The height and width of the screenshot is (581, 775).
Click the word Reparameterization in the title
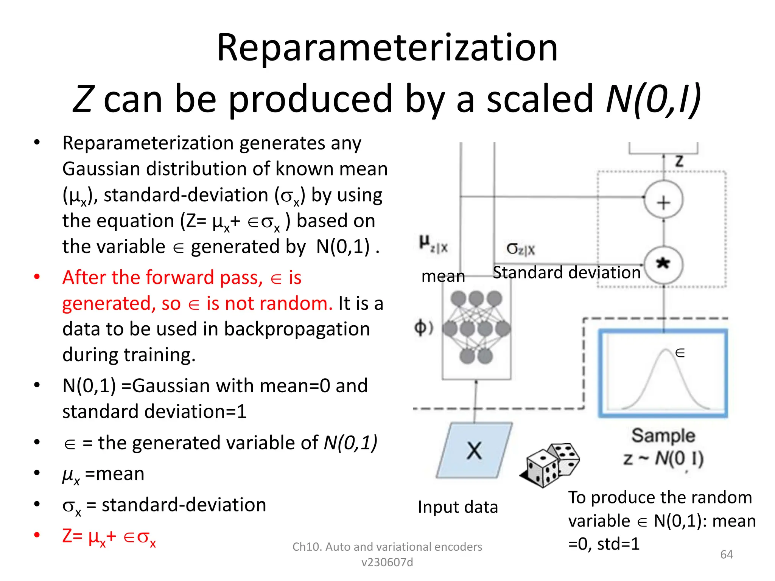(x=387, y=48)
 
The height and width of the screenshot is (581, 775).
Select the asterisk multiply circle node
(x=663, y=264)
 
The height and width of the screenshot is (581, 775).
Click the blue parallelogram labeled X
(x=474, y=451)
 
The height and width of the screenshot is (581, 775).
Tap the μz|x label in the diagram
(x=434, y=244)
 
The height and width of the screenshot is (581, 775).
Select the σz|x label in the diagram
(x=521, y=249)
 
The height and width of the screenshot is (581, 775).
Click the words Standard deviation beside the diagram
(x=566, y=273)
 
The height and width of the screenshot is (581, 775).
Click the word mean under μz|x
(x=443, y=276)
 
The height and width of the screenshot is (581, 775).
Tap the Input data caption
(x=458, y=507)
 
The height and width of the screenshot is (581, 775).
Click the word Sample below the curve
(x=663, y=436)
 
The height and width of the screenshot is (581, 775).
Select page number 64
(x=726, y=555)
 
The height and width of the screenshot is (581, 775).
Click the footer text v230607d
(x=387, y=562)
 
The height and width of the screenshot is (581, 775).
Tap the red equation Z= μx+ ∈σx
(x=109, y=537)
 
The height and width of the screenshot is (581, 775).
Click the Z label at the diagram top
(x=679, y=162)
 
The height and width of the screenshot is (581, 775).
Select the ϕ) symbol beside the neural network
(x=423, y=328)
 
